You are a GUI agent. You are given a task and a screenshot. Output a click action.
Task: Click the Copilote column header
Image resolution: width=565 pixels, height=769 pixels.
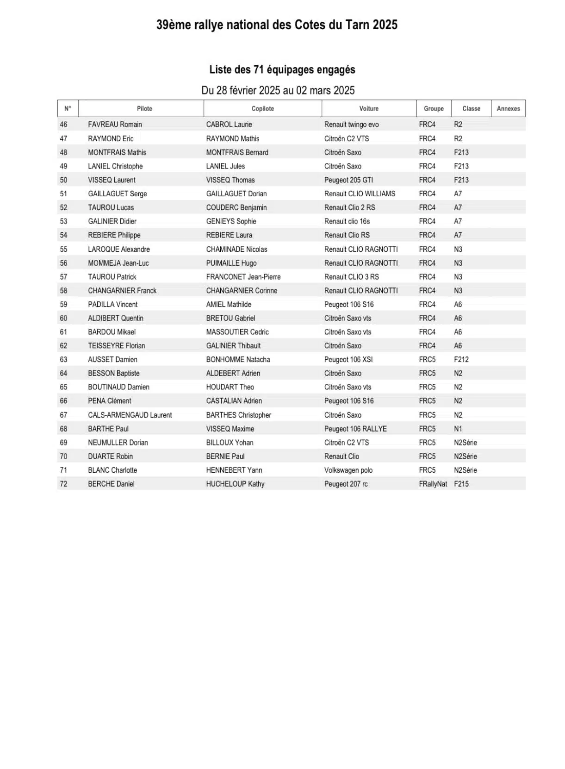point(262,109)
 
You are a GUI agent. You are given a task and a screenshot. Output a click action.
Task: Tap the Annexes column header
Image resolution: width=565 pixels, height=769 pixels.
point(508,109)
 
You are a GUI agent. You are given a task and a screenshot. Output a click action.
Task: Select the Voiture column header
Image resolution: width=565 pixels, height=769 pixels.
point(369,109)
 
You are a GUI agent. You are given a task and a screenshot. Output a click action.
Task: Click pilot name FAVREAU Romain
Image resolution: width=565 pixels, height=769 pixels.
point(115,125)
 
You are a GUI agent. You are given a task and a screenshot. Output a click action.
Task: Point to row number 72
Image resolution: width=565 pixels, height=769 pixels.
point(63,484)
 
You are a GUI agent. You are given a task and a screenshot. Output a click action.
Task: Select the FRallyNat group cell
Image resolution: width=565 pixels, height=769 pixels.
point(433,484)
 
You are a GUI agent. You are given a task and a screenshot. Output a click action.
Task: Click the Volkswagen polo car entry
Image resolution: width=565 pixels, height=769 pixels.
point(348,470)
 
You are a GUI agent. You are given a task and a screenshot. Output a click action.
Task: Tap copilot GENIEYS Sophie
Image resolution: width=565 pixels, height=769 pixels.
point(231,221)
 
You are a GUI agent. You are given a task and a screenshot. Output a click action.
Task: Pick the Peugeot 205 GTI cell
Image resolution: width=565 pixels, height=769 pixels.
point(348,180)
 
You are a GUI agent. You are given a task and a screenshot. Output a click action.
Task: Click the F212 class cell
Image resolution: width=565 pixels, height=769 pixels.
point(461,360)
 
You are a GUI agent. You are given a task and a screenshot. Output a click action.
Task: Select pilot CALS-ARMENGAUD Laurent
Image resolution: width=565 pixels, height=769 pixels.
point(130,415)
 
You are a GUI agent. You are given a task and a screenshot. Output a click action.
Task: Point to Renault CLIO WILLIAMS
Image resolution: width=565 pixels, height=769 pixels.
point(360,194)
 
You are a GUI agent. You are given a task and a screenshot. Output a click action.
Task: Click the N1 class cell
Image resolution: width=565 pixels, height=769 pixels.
point(458,429)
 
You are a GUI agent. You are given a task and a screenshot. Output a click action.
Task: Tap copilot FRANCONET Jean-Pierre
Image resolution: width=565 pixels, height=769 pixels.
point(243,277)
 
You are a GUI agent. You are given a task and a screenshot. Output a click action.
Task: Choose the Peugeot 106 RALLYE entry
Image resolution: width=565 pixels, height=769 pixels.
point(355,429)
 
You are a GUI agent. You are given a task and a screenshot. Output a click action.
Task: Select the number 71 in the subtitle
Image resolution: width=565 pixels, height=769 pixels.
point(258,70)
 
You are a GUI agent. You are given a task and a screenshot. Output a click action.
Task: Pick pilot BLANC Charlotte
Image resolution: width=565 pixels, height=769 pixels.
point(112,470)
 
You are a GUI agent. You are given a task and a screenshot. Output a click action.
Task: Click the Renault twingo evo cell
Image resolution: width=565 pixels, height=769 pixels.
point(351,125)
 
